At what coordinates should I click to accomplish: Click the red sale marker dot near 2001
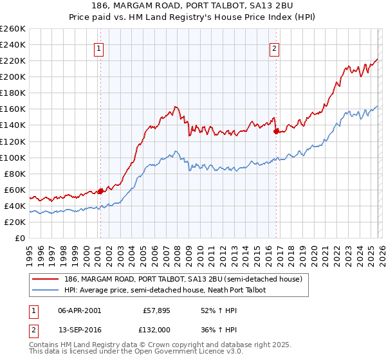(101, 191)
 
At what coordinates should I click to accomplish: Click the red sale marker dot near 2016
(276, 131)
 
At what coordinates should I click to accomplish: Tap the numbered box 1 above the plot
(100, 48)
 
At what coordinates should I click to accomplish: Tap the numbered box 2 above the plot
(275, 48)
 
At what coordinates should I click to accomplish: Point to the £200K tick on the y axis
(13, 76)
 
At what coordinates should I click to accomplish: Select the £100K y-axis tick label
(13, 157)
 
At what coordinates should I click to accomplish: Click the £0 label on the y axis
(20, 238)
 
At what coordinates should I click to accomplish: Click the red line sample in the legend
(46, 278)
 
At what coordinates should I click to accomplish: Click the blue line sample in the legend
(46, 291)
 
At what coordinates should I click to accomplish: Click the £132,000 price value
(156, 329)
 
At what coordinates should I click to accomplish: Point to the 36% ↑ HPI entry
(218, 329)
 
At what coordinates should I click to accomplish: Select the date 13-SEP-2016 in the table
(79, 329)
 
